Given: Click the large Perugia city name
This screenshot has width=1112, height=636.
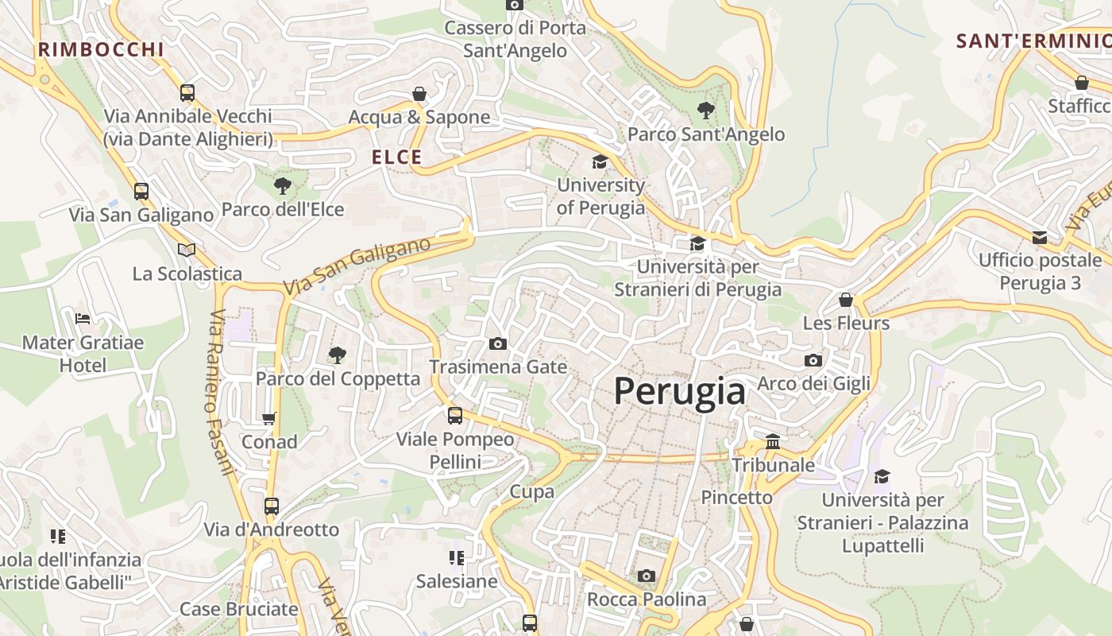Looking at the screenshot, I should pos(680,391).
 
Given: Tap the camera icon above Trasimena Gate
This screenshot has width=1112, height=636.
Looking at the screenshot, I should pos(498,343).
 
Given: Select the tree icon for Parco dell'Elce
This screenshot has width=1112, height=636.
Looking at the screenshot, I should pos(282,187).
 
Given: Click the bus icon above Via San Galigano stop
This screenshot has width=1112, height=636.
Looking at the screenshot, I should pos(141,192).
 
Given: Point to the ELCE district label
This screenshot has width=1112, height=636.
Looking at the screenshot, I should pos(397,157).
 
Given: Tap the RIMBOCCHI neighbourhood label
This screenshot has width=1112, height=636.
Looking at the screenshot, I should pos(101,49).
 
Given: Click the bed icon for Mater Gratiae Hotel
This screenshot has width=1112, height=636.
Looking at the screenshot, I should pos(83,319).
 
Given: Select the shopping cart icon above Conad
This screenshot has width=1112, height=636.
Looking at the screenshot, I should pos(269,418).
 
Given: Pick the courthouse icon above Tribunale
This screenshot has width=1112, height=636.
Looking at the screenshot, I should pos(773,441).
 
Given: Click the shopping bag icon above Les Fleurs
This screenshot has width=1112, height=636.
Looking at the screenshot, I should pos(846,300).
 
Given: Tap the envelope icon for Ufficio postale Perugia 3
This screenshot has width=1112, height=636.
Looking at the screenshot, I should pos(1040,237).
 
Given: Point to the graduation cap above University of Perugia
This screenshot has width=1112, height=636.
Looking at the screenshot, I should pos(600,162).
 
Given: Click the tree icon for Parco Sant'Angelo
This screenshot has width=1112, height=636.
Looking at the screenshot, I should pos(705,111).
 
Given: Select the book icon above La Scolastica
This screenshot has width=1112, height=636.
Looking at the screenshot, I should pos(187,250).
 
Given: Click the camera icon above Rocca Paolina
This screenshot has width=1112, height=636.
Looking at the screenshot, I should pos(647,576).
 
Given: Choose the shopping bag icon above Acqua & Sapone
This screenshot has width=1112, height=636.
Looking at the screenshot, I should pos(419,94).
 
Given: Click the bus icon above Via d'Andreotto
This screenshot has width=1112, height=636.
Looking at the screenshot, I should pos(272,506).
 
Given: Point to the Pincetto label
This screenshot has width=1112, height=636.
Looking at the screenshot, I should pos(736,498).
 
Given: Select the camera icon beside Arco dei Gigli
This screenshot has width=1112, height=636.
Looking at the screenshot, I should pos(813,360).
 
